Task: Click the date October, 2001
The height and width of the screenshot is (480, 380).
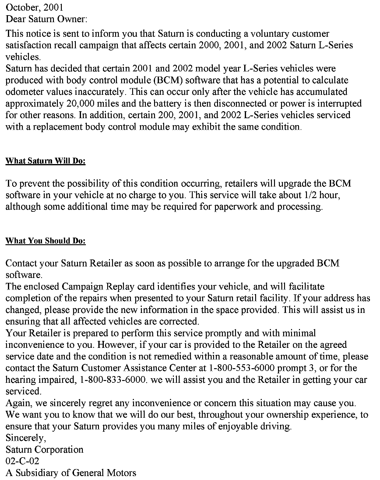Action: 34,7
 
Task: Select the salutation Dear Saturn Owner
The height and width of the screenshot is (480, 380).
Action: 47,19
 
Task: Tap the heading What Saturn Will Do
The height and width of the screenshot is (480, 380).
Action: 45,161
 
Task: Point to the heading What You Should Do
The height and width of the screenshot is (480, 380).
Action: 46,241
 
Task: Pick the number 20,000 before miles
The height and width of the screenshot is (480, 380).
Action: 80,104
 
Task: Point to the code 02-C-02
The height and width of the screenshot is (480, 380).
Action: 23,461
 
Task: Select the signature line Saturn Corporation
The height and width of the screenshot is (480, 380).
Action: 44,450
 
